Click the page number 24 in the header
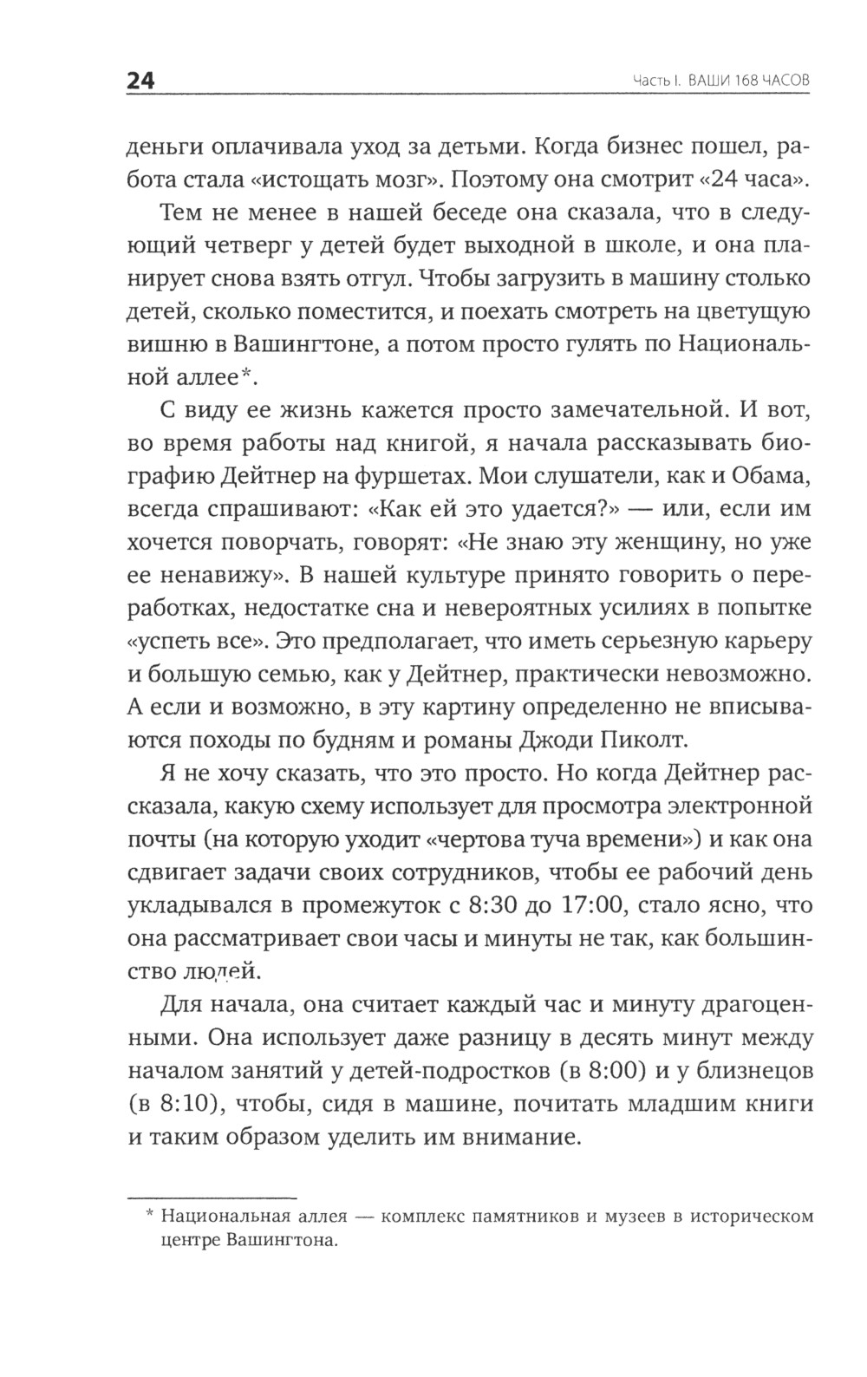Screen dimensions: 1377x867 (140, 81)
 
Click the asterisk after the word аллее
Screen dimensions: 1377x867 (244, 374)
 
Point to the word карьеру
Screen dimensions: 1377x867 (760, 642)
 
